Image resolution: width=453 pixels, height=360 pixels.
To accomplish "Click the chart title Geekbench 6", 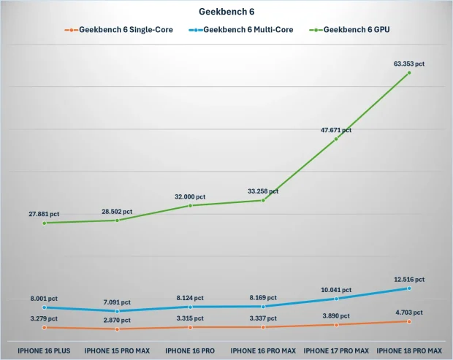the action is point(226,12).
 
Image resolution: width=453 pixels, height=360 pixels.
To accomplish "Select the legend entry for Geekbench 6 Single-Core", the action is point(119,30).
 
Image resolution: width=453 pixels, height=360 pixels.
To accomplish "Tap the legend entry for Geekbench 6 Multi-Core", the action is point(241,30).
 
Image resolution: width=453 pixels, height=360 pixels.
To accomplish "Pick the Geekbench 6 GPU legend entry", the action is point(349,30).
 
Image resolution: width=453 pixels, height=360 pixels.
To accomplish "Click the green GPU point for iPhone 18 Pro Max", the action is point(409,73).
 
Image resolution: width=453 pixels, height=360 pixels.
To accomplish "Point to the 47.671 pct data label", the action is point(335,130).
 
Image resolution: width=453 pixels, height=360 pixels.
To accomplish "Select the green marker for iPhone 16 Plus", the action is point(44,223).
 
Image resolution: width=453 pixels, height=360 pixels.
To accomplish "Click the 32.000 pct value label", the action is point(190,197).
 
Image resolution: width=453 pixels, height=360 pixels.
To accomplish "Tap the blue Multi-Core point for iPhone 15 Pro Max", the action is point(117,311).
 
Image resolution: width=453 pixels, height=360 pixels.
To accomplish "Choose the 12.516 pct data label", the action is point(409,280).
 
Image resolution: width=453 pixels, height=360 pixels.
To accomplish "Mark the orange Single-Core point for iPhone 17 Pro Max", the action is point(336,325).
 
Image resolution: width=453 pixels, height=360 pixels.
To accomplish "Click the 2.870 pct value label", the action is point(117,320).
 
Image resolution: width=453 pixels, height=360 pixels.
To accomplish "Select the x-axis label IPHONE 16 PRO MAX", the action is point(263,351).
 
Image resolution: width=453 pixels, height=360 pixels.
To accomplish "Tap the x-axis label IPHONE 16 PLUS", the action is point(44,351).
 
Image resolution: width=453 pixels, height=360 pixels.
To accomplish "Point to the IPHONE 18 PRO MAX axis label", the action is point(409,351).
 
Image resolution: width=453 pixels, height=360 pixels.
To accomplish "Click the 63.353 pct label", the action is point(409,64).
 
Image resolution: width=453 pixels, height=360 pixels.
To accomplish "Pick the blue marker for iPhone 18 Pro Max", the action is point(409,288).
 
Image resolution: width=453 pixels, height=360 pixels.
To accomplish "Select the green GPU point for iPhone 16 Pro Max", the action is point(263,200).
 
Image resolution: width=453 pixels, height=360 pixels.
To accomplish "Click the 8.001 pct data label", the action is point(44,299).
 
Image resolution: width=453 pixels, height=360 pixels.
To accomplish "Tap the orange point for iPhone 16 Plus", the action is point(44,327).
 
